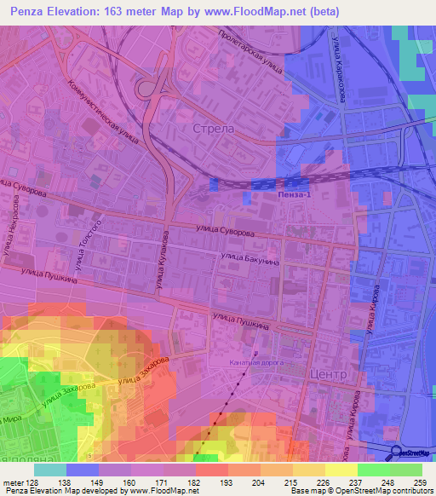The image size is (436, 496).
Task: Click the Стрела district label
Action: [214, 129]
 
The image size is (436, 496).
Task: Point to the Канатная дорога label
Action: [256, 361]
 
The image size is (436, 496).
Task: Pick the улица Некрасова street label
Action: [15, 222]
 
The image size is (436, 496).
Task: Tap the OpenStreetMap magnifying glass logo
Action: [396, 453]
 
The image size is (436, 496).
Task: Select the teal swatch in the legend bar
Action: [50, 470]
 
